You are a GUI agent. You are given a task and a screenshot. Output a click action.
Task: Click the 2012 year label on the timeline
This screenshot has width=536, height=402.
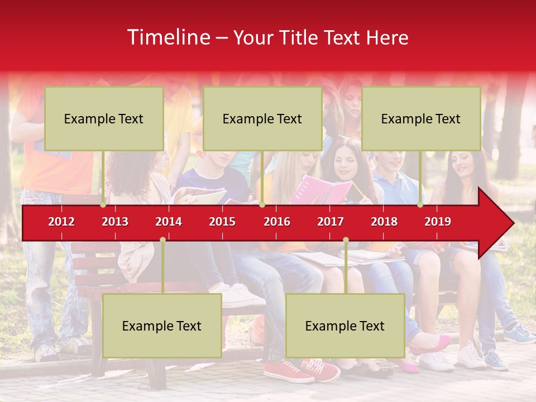61,222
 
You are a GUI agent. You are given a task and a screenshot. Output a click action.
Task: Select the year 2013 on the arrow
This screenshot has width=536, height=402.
115,222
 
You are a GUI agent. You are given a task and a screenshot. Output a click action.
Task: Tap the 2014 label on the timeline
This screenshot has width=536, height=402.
169,222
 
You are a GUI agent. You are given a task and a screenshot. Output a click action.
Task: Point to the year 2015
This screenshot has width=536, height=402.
222,222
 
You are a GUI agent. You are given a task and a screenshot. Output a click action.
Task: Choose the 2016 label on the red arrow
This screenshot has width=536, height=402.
277,222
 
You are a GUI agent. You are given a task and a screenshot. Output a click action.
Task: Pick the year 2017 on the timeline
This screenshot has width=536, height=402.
331,222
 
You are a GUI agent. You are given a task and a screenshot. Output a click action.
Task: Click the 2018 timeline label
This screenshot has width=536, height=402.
384,222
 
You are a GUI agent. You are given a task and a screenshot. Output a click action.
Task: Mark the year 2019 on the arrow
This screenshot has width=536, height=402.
438,222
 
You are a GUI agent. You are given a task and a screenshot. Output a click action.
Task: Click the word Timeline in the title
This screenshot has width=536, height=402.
168,37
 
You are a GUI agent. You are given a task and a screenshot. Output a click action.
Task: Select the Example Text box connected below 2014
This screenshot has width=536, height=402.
162,326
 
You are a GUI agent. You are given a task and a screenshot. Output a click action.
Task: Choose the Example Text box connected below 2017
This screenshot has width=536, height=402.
345,326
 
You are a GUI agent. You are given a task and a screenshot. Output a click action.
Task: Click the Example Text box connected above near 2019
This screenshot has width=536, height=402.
421,118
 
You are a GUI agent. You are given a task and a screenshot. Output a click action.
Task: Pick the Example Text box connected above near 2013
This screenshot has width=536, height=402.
104,118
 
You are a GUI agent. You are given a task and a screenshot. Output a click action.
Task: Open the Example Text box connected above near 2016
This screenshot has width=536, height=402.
262,118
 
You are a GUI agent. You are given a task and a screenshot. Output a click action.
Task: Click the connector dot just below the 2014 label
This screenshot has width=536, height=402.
162,240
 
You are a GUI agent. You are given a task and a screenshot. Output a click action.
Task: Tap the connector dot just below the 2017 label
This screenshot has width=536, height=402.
346,240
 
